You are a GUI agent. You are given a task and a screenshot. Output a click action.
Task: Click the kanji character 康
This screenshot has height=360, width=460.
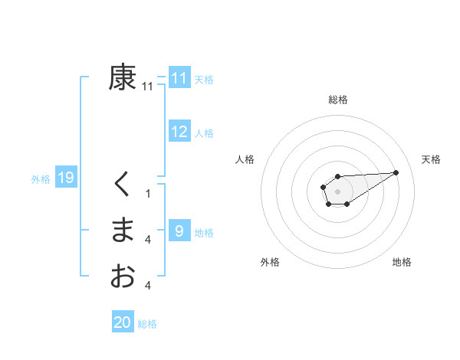click(123, 77)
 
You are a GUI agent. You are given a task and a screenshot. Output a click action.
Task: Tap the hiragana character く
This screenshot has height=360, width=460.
click(123, 185)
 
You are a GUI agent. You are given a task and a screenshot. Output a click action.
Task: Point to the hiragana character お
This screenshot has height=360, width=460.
click(123, 275)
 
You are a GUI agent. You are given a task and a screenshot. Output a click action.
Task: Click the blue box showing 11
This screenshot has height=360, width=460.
click(179, 78)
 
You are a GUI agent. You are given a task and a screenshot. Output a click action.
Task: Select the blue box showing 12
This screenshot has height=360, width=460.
click(179, 132)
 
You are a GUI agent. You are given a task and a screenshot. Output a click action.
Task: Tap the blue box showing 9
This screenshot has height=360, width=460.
click(179, 231)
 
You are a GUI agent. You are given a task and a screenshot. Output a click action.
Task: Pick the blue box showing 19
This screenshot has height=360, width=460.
click(65, 178)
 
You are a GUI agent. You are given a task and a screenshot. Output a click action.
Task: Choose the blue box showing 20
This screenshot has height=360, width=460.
click(123, 322)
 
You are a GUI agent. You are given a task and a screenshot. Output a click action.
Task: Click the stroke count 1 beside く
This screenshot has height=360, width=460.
click(148, 194)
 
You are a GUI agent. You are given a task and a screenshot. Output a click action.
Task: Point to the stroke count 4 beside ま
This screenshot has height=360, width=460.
click(148, 240)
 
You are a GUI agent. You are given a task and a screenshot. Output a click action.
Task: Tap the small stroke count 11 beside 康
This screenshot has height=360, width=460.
click(148, 87)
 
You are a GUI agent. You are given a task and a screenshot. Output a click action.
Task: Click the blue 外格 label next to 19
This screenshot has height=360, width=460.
click(41, 179)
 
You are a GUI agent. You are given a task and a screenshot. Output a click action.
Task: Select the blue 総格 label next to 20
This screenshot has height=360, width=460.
click(147, 324)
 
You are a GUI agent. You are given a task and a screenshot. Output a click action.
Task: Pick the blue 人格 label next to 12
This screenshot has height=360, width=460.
click(204, 133)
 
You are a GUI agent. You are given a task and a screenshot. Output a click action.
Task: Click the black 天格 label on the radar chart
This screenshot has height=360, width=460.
click(431, 159)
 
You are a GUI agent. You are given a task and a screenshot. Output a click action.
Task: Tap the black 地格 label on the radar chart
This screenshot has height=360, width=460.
click(402, 262)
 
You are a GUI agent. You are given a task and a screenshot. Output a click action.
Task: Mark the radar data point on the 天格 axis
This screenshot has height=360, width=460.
click(396, 172)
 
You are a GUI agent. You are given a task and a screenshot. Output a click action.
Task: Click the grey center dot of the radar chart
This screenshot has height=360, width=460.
click(337, 191)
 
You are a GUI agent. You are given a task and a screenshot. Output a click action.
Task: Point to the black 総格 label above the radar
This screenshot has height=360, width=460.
click(338, 100)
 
